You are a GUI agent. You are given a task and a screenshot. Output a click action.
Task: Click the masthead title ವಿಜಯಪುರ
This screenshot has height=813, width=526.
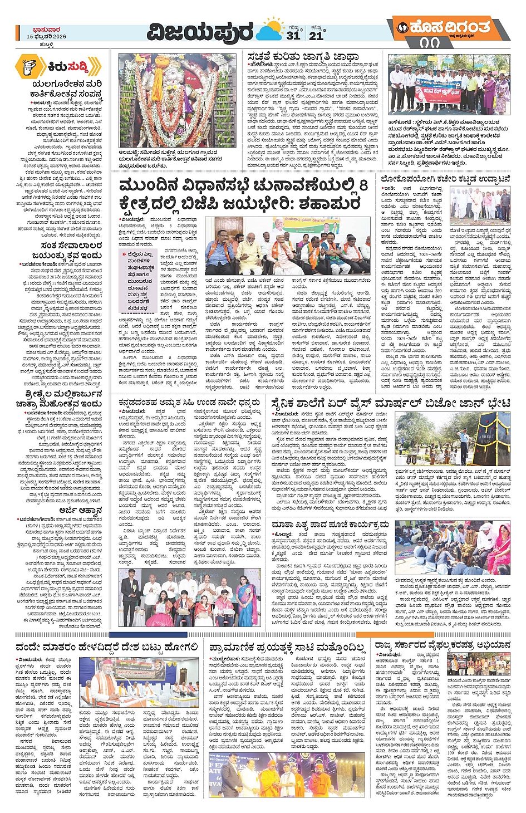[200, 33]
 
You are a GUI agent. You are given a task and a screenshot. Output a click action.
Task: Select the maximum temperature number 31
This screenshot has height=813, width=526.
[293, 36]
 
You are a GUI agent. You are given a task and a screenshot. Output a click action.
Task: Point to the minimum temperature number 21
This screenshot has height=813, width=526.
[316, 36]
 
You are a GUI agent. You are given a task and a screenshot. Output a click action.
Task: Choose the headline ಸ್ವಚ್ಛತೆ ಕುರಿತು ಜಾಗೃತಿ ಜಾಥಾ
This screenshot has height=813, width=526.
[303, 57]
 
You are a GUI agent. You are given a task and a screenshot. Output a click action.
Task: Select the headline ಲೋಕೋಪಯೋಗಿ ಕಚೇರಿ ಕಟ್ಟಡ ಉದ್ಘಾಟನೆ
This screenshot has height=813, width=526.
[445, 179]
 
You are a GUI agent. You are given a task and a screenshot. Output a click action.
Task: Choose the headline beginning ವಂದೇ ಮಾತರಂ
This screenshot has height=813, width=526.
[106, 647]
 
